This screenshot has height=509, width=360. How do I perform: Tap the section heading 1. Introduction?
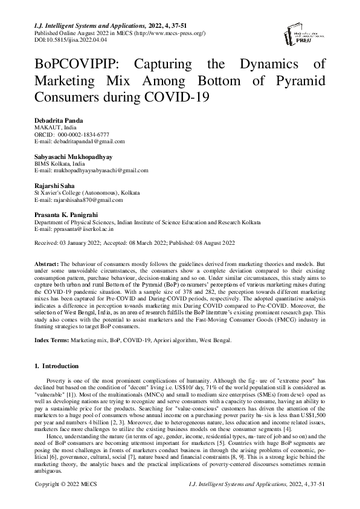coord(56,366)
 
